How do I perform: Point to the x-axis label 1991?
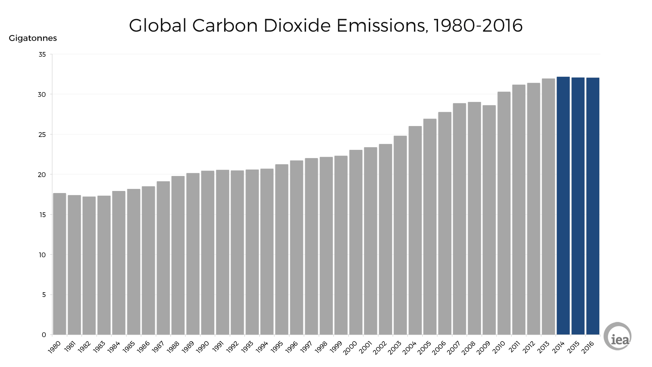218,347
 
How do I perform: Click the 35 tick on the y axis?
42,54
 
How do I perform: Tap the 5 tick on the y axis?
44,295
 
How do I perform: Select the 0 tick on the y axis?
44,335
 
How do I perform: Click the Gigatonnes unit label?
33,38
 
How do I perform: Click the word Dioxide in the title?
297,26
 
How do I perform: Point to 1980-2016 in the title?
478,26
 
